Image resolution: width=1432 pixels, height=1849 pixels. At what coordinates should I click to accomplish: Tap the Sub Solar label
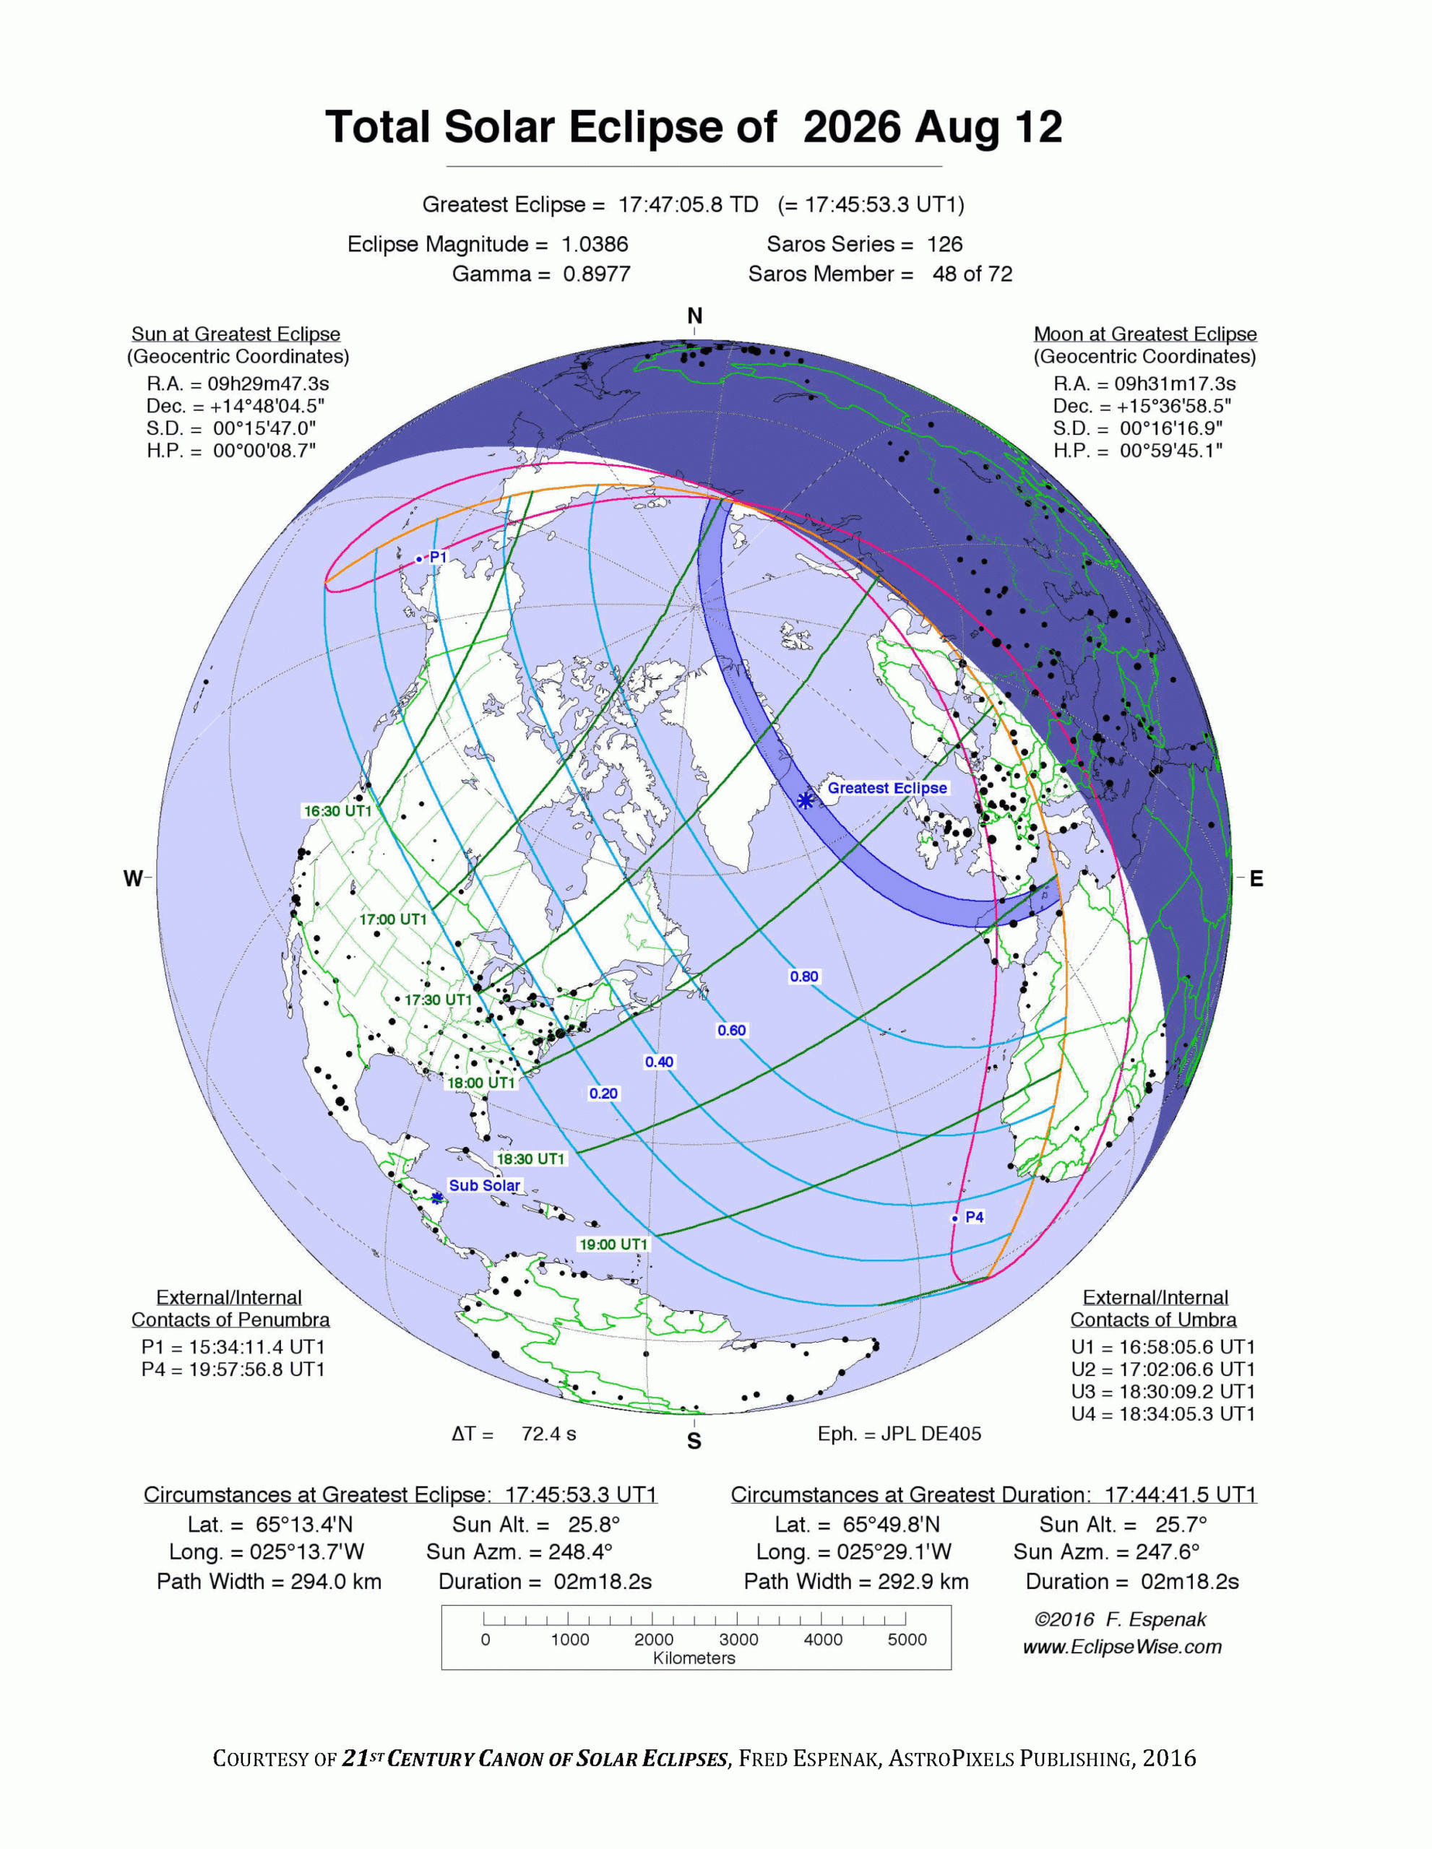click(x=484, y=1185)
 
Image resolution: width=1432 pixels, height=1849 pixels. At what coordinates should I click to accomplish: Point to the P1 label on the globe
click(x=438, y=557)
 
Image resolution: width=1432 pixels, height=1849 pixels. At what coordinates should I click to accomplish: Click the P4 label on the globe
click(x=975, y=1216)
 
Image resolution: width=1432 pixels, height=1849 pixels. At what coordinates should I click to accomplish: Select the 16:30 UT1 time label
click(x=338, y=811)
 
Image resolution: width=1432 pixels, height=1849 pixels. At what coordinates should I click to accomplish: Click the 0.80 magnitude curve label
click(x=803, y=977)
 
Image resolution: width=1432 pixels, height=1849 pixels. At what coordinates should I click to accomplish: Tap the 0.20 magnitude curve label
click(x=603, y=1093)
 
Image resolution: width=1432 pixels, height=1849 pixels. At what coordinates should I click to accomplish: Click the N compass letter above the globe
click(x=694, y=316)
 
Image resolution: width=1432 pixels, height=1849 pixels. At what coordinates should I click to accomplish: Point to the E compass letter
click(x=1256, y=879)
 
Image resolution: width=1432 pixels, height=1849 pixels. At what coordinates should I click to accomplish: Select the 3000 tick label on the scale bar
click(x=738, y=1640)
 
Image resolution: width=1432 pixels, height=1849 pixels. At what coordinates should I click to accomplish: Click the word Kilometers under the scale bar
click(x=694, y=1658)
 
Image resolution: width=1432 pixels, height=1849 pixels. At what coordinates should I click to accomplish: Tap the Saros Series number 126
click(x=944, y=244)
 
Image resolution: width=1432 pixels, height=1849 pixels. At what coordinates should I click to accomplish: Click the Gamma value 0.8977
click(x=596, y=274)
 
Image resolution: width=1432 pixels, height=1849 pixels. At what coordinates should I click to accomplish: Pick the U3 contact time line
click(x=1163, y=1391)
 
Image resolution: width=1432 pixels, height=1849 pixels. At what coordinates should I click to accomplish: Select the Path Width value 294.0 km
click(x=335, y=1582)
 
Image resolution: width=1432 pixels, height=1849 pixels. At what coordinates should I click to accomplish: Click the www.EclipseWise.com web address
click(x=1122, y=1647)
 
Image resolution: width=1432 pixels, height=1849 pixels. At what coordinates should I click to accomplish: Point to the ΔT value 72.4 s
click(x=548, y=1433)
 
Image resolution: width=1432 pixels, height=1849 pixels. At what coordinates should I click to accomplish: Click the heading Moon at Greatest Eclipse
click(x=1145, y=334)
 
